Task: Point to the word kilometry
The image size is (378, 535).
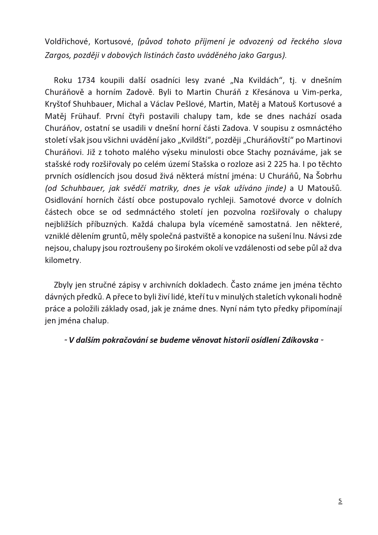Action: (63, 260)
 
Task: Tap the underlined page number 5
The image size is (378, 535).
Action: (340, 501)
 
